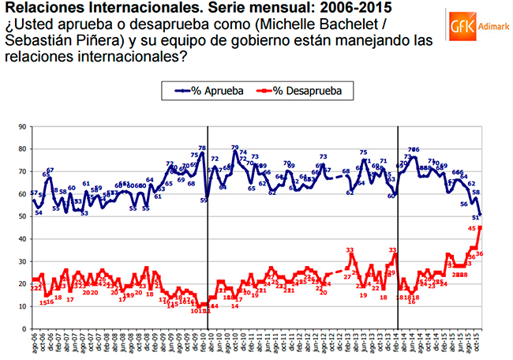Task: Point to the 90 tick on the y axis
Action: pos(21,126)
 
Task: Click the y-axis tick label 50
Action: pos(21,216)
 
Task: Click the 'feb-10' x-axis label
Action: pos(204,343)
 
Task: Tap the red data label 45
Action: pos(472,228)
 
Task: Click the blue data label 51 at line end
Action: pos(476,216)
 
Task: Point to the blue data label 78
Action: pos(202,148)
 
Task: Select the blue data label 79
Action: pos(235,148)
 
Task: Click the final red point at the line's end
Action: pos(481,228)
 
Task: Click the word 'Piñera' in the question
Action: pos(95,41)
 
